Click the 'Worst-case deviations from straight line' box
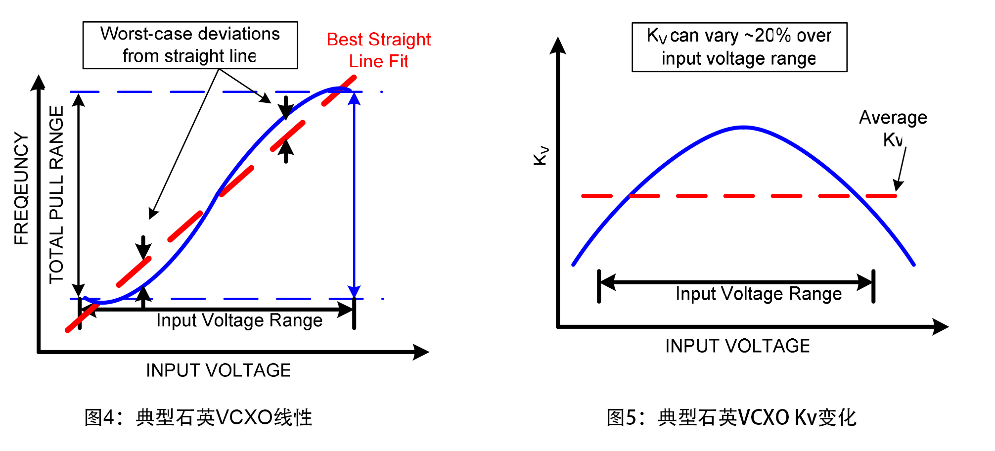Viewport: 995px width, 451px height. pos(190,45)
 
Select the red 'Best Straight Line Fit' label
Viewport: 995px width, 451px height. pos(379,50)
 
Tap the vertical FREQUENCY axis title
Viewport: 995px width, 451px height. pos(21,188)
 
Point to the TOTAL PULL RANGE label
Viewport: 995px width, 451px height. pos(57,194)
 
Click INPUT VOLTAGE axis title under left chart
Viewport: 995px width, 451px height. pos(218,370)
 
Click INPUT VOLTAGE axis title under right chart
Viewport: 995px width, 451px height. pos(737,346)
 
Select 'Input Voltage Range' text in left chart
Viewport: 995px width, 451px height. pos(239,320)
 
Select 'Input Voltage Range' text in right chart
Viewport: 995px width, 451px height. pos(759,294)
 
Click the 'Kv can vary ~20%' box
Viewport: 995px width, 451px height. pos(739,47)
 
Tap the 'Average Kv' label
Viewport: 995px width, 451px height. pos(893,128)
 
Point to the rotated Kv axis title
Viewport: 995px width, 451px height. pos(541,155)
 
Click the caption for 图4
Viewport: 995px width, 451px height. pos(198,417)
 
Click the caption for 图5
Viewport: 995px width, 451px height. pos(731,417)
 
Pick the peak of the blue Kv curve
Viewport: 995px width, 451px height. pos(744,128)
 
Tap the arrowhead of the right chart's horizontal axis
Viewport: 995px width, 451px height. pos(942,327)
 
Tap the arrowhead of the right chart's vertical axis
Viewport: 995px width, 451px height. pos(558,45)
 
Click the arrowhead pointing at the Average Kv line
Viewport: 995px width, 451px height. pos(898,186)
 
